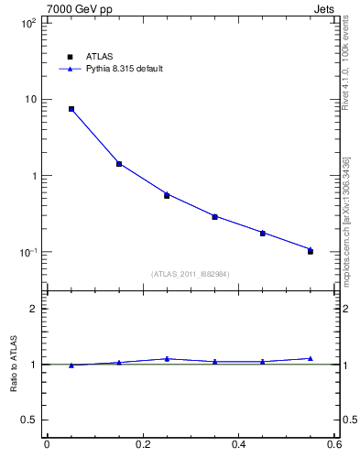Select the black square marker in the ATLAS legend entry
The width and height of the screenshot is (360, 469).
pos(71,56)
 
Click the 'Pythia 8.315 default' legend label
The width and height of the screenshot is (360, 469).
pos(125,69)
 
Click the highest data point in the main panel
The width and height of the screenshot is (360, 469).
pos(71,109)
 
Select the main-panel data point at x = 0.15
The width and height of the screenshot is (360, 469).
pos(119,164)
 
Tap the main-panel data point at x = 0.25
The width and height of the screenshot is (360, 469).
pos(167,194)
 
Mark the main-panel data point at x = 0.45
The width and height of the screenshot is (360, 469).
pos(263,233)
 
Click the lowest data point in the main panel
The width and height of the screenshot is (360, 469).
pos(311,250)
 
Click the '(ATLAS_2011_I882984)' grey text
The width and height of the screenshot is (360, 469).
pos(191,274)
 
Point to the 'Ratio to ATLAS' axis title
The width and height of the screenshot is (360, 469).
pos(14,365)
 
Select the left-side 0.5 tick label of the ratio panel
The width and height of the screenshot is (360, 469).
pos(29,420)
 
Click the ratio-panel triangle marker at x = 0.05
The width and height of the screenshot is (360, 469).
pos(71,365)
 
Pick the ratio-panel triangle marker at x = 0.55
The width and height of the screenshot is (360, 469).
pos(311,358)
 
